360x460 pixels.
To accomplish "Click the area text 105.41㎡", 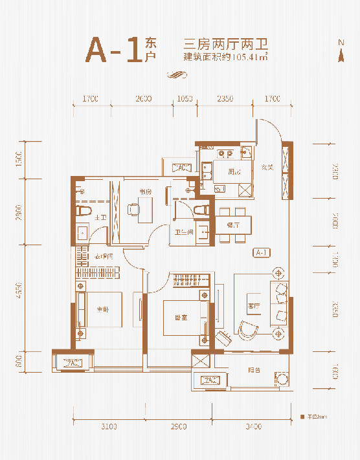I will pos(245,56).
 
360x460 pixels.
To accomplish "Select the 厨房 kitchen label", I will pos(234,172).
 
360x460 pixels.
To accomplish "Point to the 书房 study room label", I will pos(145,192).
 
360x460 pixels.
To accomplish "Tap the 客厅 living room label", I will pos(253,305).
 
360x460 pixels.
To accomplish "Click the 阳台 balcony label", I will pos(254,371).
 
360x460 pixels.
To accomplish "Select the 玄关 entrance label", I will pos(267,168).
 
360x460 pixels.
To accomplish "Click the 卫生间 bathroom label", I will pos(181,234).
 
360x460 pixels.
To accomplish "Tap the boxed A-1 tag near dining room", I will pos(262,252).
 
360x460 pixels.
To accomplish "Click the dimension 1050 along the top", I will pos(185,98).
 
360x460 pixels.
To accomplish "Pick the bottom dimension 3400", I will pos(253,426).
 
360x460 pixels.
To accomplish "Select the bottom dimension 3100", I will pos(109,426).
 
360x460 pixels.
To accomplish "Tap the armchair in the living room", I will pos(247,329).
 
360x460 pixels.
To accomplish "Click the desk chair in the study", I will pos(133,209).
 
